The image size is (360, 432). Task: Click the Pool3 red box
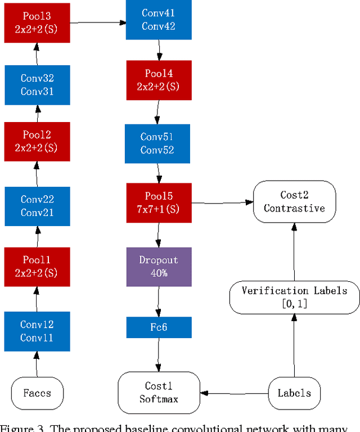[38, 22]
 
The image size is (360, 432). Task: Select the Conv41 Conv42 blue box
[158, 20]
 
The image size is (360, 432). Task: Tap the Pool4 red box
[159, 80]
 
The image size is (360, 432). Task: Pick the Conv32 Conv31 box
[37, 85]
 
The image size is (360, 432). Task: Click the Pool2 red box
[37, 141]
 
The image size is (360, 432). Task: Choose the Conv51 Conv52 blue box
[157, 143]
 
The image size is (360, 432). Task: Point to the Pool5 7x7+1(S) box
[159, 202]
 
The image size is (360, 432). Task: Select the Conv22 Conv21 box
[37, 206]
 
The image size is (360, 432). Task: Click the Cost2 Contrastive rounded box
[294, 201]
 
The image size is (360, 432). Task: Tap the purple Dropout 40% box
[159, 267]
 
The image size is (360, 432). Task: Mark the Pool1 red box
[37, 267]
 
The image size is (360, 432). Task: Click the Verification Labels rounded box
[294, 298]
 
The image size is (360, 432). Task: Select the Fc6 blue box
[159, 327]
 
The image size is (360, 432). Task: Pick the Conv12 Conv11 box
[37, 331]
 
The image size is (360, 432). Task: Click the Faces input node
[37, 393]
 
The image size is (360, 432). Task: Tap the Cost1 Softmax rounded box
[159, 392]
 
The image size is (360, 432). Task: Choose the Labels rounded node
[294, 393]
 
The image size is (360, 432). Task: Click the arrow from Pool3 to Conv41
[98, 22]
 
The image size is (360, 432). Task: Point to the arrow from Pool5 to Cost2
[222, 202]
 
